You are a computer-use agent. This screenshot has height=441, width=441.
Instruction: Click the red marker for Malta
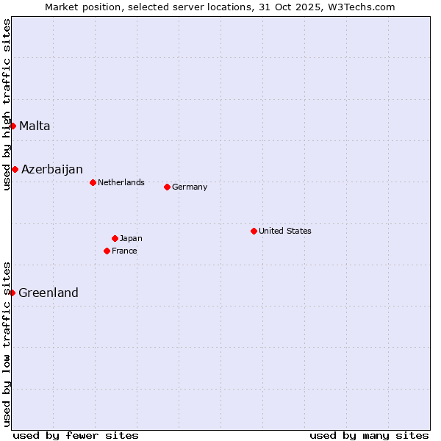pos(12,126)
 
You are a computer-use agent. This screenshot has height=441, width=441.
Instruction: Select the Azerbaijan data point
pos(15,169)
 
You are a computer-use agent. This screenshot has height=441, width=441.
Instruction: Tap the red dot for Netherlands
pos(93,182)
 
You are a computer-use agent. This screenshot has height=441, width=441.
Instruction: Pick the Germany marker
pos(167,187)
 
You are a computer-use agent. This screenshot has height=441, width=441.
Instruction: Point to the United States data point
pos(254,231)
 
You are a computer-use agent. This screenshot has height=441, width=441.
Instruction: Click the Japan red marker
pos(115,238)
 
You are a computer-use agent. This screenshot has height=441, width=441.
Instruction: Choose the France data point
pos(107,251)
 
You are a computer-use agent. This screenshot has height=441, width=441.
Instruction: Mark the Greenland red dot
pos(12,293)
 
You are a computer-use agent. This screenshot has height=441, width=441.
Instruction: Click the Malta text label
pos(35,126)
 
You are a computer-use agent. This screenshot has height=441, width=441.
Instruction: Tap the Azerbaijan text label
pos(51,169)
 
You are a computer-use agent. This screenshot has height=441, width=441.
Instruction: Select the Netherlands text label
pos(121,182)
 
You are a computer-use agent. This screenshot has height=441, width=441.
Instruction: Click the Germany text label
pos(190,187)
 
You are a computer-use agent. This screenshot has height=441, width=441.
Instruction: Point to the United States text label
pos(285,231)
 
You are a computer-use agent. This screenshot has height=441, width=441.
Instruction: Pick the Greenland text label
pos(49,293)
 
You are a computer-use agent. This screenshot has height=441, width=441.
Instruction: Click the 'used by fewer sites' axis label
pos(76,435)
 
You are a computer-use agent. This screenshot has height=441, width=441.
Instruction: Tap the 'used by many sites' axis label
pos(369,435)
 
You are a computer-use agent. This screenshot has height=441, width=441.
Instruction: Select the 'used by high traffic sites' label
pos(7,104)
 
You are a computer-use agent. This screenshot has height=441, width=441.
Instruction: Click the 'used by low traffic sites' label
pos(7,343)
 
